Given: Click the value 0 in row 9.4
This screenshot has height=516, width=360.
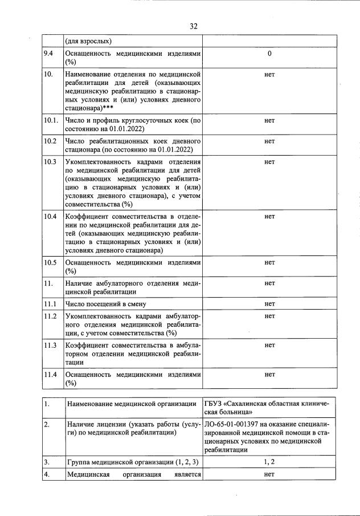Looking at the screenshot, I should (x=269, y=54).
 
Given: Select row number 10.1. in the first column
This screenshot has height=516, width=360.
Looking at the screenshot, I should (x=51, y=120).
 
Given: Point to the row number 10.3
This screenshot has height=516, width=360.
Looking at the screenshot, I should (x=50, y=162).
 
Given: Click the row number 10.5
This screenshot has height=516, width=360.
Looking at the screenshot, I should (x=50, y=262).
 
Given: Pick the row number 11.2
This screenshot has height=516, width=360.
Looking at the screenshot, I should (x=50, y=316).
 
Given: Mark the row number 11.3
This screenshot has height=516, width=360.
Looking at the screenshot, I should (x=50, y=345).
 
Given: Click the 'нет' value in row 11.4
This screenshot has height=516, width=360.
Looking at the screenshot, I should (x=269, y=374).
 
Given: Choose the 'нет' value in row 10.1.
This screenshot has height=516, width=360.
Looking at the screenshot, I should (x=269, y=120).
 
